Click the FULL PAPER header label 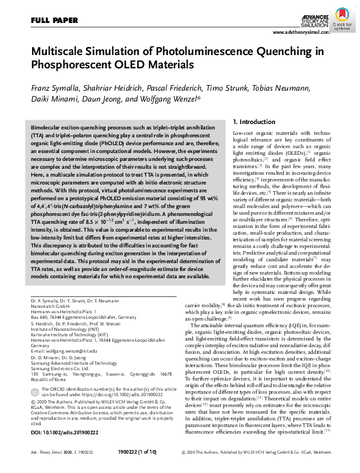tap(53, 21)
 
